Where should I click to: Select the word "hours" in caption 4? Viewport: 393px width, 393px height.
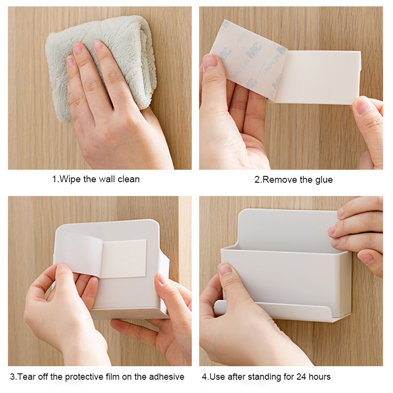click(320, 377)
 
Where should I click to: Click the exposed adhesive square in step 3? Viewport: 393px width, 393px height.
click(123, 258)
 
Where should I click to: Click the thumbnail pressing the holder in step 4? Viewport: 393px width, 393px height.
click(225, 269)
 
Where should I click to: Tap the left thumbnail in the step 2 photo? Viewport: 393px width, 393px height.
click(210, 62)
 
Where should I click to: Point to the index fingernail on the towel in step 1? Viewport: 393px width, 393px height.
click(78, 48)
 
